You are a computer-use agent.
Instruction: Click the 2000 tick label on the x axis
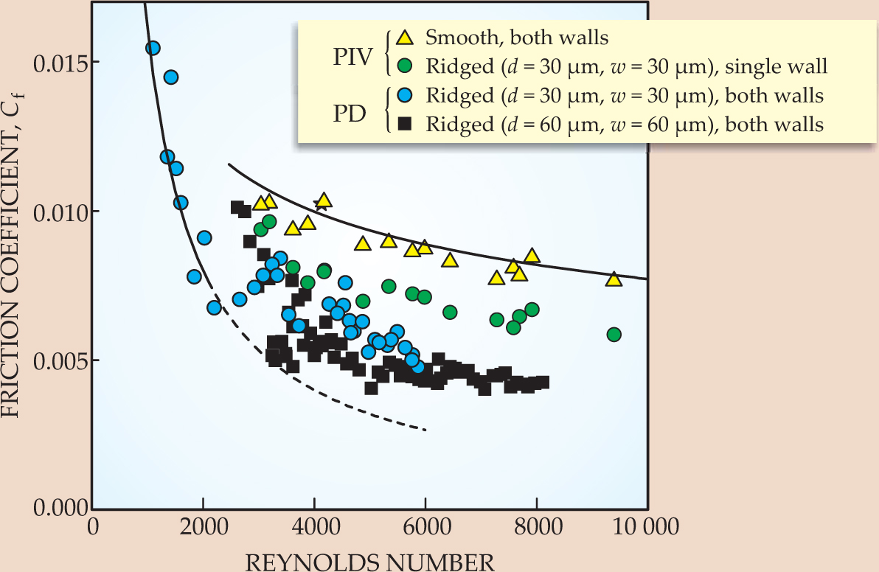pyautogui.click(x=203, y=529)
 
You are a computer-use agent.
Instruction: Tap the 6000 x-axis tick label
pyautogui.click(x=425, y=529)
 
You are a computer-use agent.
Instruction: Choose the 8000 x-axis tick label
pyautogui.click(x=537, y=529)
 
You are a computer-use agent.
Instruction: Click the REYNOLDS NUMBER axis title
pyautogui.click(x=369, y=562)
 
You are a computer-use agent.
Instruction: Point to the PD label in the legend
pyautogui.click(x=355, y=110)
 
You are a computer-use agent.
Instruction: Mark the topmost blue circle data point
pyautogui.click(x=153, y=48)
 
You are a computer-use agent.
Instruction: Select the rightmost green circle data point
pyautogui.click(x=614, y=335)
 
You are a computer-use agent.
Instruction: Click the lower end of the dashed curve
pyautogui.click(x=426, y=430)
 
